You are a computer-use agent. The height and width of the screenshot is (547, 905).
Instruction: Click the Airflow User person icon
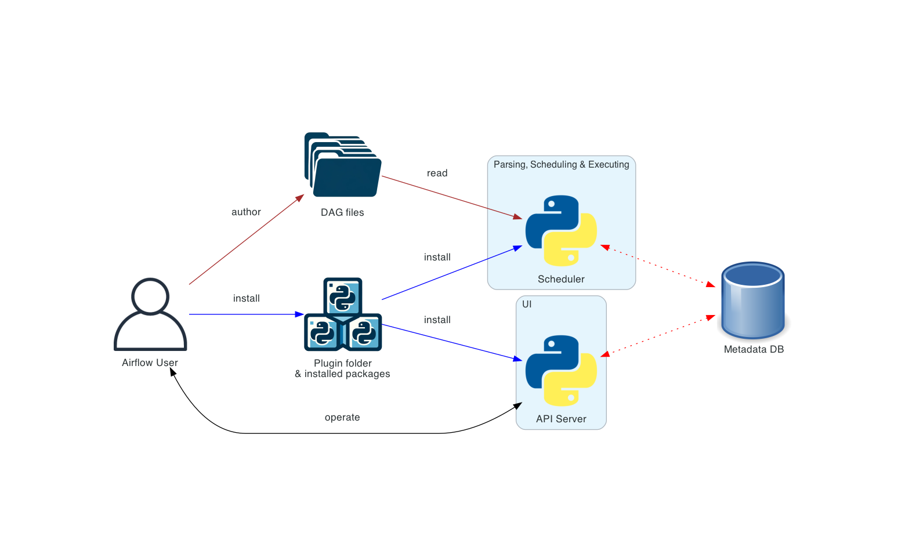(x=150, y=314)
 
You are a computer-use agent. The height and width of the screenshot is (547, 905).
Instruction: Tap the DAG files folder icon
(x=343, y=166)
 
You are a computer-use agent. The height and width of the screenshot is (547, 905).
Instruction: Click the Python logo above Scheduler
(x=561, y=230)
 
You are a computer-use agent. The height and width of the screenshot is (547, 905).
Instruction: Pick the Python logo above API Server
(x=561, y=371)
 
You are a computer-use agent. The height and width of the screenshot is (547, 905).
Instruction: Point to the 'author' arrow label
(x=246, y=212)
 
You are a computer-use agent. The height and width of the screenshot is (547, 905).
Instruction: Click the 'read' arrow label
(x=437, y=173)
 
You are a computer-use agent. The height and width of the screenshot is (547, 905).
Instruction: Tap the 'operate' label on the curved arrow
(x=342, y=418)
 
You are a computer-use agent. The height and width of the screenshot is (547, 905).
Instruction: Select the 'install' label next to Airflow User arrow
(x=246, y=299)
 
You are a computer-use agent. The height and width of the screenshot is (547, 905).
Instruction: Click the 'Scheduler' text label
(x=561, y=280)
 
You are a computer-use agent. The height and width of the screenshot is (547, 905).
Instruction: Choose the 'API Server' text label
(x=561, y=419)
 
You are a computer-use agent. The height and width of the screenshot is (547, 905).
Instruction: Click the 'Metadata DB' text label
(x=754, y=350)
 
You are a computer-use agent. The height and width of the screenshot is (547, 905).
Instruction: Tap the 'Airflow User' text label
(x=150, y=363)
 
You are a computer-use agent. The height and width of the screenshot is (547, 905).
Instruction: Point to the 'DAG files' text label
(x=342, y=213)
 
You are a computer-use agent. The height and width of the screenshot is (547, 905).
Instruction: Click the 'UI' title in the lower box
(x=527, y=305)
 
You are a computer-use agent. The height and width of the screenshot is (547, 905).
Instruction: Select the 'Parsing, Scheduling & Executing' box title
(x=561, y=165)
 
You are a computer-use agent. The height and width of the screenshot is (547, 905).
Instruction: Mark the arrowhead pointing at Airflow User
(x=173, y=372)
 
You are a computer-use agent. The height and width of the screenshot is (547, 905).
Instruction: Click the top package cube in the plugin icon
(x=343, y=296)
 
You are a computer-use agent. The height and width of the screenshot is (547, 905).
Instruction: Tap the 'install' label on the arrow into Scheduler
(x=437, y=258)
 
